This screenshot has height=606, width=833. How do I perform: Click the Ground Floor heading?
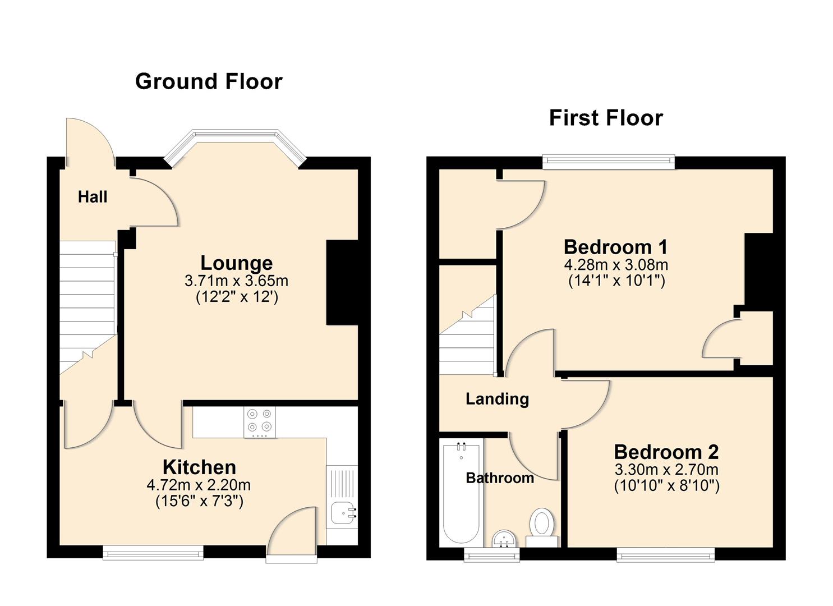[x=209, y=82]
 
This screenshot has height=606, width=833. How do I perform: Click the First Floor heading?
[x=606, y=118]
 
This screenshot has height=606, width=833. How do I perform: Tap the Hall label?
[x=93, y=197]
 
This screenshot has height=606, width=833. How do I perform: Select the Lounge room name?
[x=237, y=263]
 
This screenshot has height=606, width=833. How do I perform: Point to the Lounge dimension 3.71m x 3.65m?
[x=237, y=281]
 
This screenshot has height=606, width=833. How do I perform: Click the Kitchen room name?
[x=199, y=467]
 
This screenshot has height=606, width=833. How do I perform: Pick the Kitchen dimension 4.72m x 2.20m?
[x=199, y=485]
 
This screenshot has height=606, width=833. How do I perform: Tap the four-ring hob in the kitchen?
[x=260, y=421]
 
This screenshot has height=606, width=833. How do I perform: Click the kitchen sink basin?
[x=342, y=512]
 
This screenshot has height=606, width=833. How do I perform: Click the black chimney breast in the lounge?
[x=342, y=282]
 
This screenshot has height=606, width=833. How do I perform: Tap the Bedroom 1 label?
[x=616, y=247]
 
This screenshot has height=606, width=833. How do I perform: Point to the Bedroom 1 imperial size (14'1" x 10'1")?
[x=616, y=280]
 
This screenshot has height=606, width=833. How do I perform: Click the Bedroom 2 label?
[x=666, y=452]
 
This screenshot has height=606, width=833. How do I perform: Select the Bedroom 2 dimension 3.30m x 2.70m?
[x=666, y=470]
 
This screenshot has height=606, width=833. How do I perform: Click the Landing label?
[x=497, y=399]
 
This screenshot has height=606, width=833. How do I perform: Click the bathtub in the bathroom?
[x=461, y=494]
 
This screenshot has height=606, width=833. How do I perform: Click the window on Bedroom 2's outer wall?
[x=666, y=554]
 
